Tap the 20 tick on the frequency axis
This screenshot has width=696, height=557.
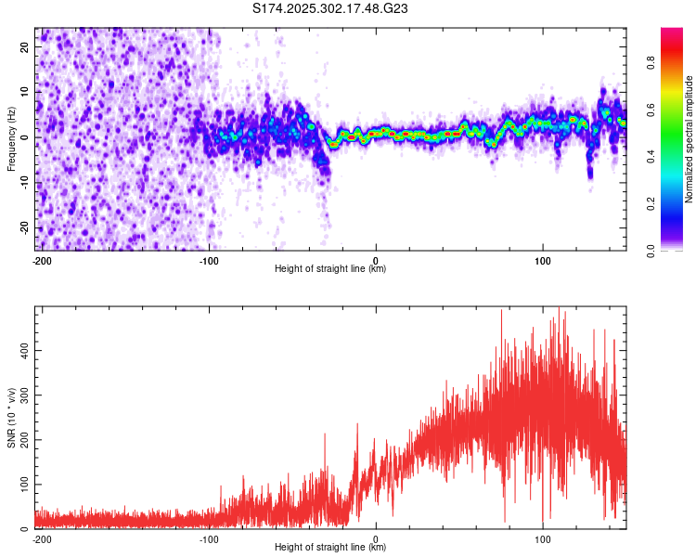coord(26,46)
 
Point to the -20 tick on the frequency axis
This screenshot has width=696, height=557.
coord(24,228)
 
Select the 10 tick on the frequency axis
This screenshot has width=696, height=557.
coord(26,92)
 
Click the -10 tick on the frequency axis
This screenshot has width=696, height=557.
coord(24,183)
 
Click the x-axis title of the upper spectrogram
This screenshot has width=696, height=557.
coord(330,269)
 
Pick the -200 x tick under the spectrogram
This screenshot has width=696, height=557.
coord(42,260)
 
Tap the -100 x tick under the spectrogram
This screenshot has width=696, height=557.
coord(209,260)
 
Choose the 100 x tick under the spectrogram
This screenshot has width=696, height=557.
coord(543,260)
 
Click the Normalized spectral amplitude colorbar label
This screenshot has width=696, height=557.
coord(689,139)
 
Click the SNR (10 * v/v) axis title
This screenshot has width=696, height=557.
coord(12,418)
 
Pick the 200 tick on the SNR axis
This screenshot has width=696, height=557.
coord(23,440)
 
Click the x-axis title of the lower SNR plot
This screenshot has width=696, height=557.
coord(330,548)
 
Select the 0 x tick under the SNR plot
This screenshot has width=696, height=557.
coord(376,538)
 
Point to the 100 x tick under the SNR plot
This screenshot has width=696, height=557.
coord(543,538)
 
